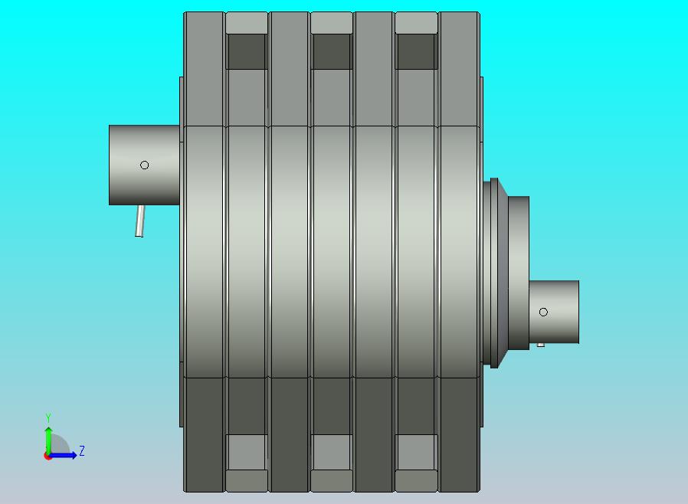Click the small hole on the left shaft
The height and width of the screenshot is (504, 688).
(x=144, y=165)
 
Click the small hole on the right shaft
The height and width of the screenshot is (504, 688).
(x=543, y=312)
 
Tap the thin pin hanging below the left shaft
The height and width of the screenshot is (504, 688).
(x=140, y=221)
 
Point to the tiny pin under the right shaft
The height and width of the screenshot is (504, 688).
(x=541, y=345)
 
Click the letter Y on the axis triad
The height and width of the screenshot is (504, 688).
(x=48, y=417)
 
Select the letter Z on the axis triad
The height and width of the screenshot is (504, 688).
(x=82, y=450)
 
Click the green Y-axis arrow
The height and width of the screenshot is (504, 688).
(x=48, y=440)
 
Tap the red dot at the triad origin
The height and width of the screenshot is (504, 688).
(x=47, y=457)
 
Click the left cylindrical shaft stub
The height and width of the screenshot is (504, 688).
(x=144, y=165)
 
